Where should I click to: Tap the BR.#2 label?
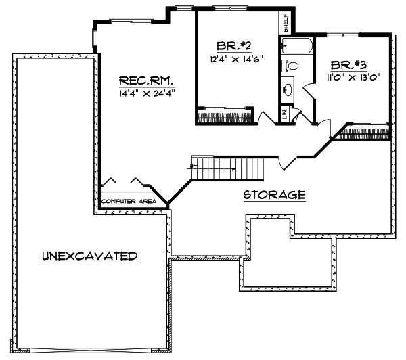[x=235, y=45]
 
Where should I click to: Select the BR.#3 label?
[x=348, y=65]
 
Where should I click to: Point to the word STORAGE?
[x=274, y=195]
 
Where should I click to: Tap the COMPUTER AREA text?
[x=129, y=201]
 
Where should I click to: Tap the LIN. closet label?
[x=285, y=116]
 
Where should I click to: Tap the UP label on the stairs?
[x=194, y=164]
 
